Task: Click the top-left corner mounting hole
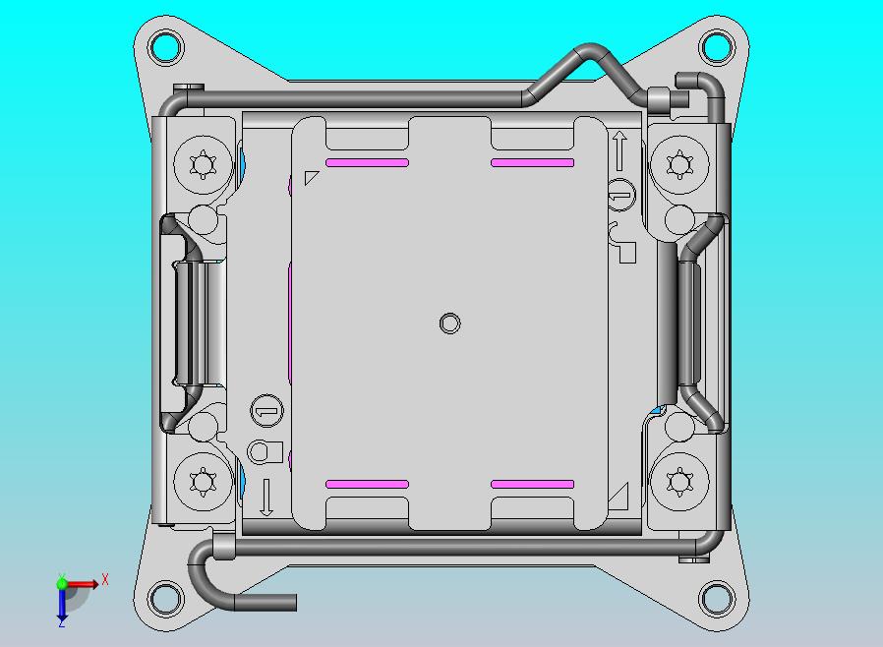pos(166,46)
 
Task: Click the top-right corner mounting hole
pos(717,46)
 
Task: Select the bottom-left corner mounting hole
pos(166,597)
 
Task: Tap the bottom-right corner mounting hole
pos(717,597)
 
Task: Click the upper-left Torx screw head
pos(203,163)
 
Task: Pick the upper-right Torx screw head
pos(679,163)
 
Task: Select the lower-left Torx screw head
pos(203,481)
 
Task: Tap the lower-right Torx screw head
pos(679,481)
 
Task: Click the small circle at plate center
pos(449,323)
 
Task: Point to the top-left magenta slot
pos(367,162)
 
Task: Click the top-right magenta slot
pos(532,162)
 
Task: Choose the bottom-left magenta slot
pos(367,484)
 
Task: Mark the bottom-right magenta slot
pos(532,484)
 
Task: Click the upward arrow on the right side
pos(619,150)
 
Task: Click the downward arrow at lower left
pos(265,497)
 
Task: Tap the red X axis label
pos(105,580)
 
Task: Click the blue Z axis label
pos(61,622)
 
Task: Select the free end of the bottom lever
pos(291,602)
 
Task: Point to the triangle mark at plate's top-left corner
pos(311,178)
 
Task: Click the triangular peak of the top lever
pos(590,49)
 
